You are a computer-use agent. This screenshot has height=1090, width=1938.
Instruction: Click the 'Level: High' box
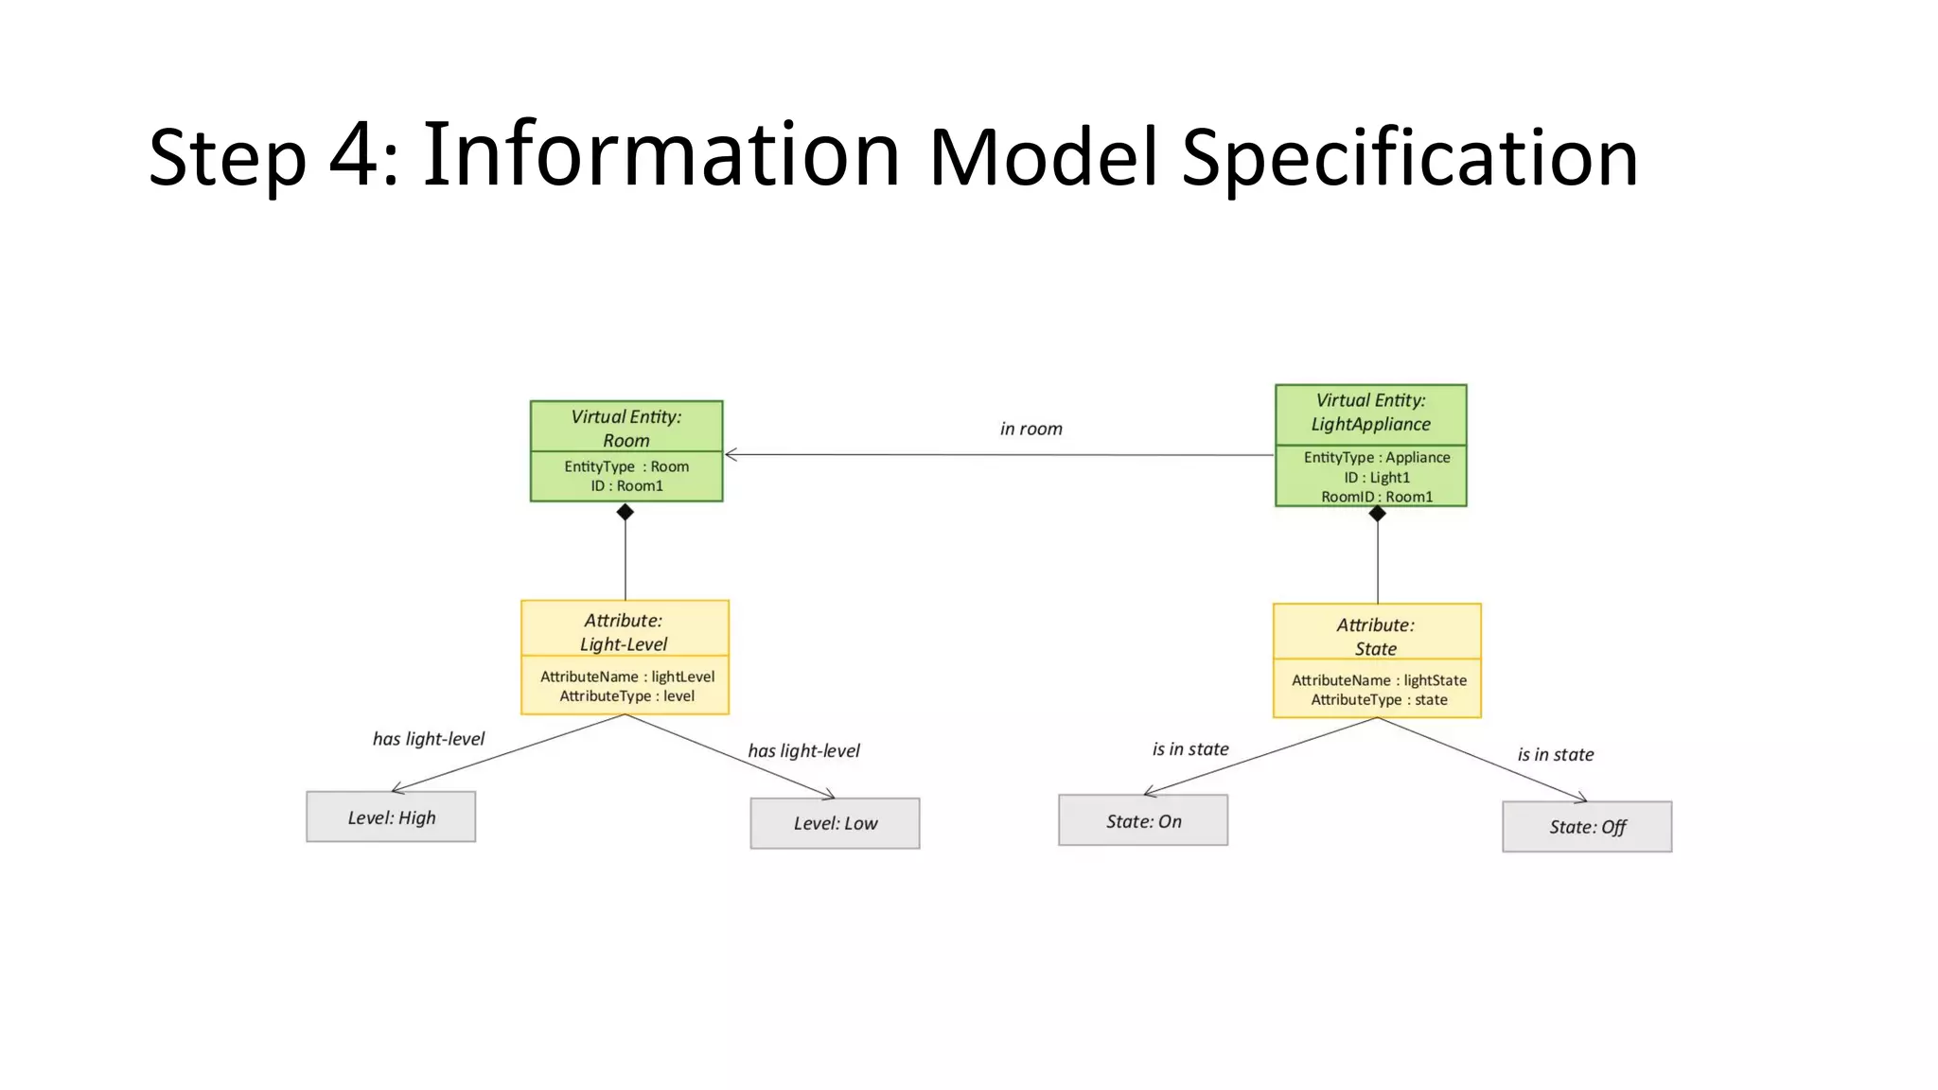391,817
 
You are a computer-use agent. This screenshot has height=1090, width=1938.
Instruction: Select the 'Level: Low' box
835,823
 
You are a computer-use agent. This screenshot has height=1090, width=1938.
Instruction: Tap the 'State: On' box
1143,820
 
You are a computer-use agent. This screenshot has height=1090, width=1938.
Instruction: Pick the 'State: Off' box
1587,827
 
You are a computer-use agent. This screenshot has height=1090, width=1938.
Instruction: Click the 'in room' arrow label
1031,429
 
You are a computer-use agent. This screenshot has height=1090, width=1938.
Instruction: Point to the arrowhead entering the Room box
731,455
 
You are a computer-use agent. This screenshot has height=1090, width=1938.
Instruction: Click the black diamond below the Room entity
625,512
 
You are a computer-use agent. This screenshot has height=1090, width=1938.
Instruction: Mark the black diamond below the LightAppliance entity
1377,514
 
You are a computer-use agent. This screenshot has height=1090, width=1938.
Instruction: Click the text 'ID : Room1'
626,485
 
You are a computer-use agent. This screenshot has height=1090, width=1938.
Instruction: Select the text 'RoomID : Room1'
1376,497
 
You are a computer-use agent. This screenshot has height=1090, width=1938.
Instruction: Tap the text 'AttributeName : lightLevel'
626,677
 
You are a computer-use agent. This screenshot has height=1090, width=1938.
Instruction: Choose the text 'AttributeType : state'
1378,700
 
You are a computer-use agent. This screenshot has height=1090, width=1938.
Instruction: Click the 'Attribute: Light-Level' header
624,631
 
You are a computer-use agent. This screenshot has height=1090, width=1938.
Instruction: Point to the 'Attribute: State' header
1375,636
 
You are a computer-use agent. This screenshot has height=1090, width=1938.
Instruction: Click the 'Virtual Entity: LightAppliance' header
1370,413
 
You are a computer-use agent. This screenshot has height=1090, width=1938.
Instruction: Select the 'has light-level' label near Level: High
428,739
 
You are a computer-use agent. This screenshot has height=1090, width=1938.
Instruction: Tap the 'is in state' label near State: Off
1555,754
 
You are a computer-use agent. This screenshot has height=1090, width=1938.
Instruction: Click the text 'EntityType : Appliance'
1376,457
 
